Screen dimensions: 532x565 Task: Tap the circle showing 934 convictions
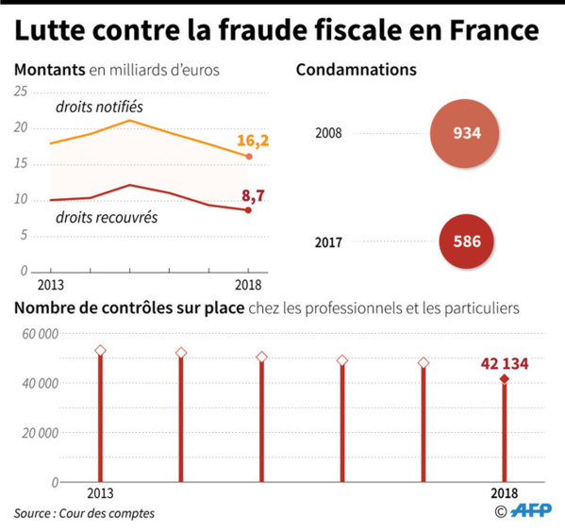[x=467, y=133]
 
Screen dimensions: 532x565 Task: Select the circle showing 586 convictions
[x=467, y=241]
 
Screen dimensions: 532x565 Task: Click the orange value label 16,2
[x=253, y=141]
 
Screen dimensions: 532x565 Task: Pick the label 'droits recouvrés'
[x=105, y=217]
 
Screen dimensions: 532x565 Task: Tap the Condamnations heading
[x=357, y=71]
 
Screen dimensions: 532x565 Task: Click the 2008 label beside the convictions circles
[x=328, y=133]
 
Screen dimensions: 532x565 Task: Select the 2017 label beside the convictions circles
[x=328, y=241]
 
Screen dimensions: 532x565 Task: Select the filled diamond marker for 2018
[x=505, y=379]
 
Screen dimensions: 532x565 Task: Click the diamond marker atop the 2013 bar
[x=100, y=351]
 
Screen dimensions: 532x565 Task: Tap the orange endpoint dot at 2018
[x=248, y=157]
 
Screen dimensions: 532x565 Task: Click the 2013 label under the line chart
[x=51, y=283]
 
